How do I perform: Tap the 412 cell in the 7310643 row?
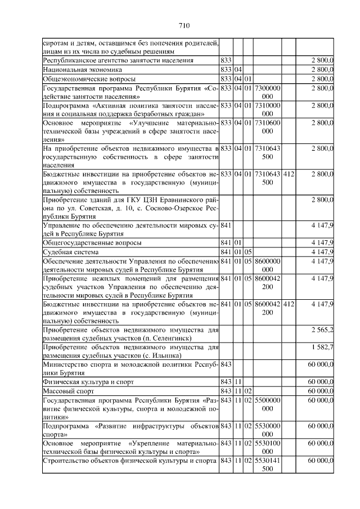tap(289, 174)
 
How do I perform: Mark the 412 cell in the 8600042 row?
tap(289, 304)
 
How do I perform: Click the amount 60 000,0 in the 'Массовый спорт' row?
tap(321, 390)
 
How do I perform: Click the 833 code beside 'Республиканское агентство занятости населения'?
tap(226, 60)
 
